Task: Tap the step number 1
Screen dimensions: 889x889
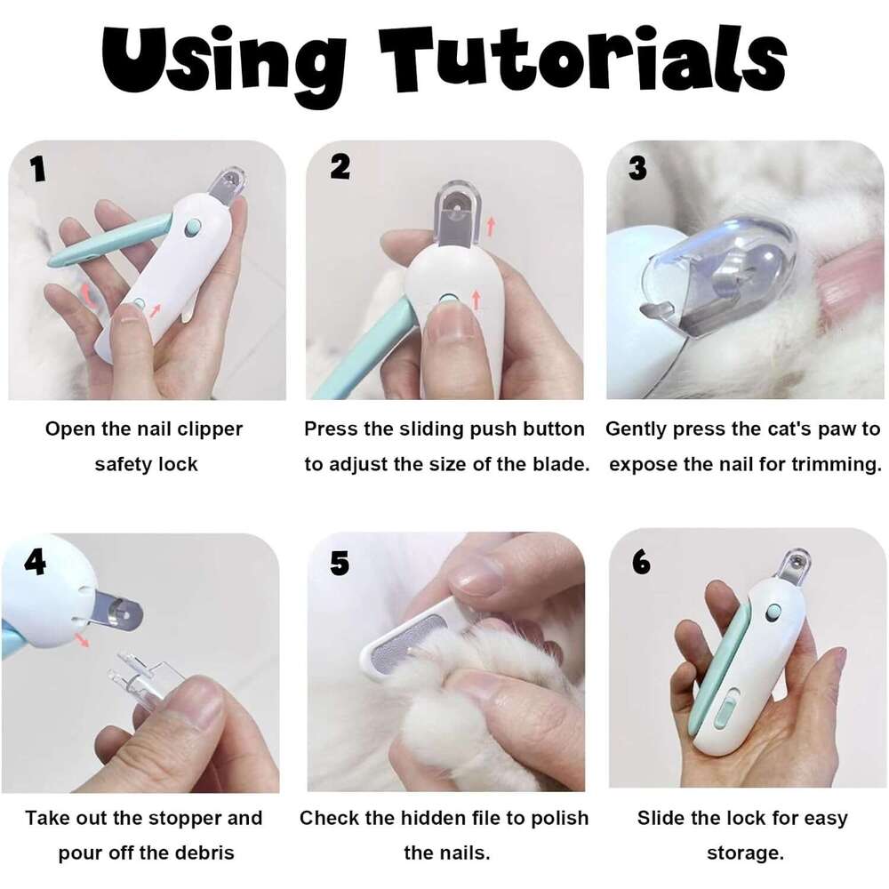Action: point(37,169)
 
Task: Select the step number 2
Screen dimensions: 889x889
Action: point(340,166)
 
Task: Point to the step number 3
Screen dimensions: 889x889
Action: point(637,167)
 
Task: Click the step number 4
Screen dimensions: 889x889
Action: point(35,561)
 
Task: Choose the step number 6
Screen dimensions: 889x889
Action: point(639,562)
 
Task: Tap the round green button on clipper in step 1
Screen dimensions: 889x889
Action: point(192,228)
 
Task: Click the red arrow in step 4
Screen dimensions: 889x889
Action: point(82,640)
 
